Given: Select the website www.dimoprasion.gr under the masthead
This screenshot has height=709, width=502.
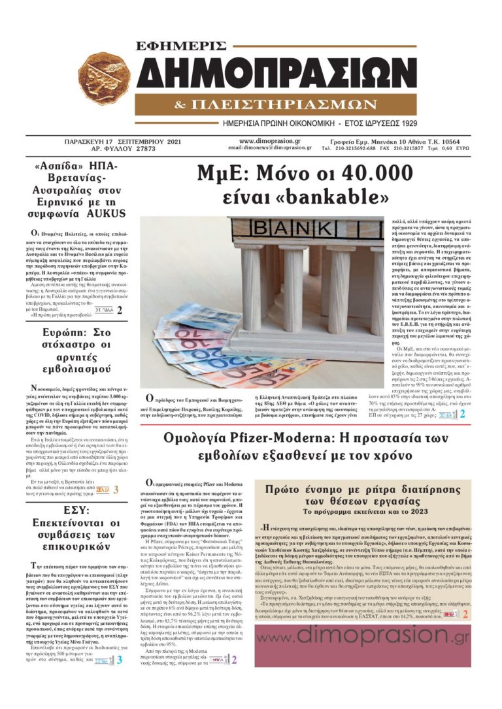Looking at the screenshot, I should coord(270,140).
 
